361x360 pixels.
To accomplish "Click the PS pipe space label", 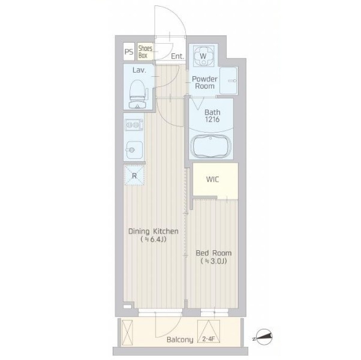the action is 129,52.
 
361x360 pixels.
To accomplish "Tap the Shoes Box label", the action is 145,52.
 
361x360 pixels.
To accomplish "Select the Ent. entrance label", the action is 178,56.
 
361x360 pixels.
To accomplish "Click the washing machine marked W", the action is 203,56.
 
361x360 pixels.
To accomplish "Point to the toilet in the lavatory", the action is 138,94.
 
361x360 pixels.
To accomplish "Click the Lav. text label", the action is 139,70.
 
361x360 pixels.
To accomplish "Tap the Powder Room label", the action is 204,82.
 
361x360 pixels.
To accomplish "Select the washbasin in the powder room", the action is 228,80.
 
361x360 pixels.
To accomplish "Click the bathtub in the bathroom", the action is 210,146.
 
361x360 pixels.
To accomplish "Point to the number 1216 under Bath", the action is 212,119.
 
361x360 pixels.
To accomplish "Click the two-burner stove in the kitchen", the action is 134,125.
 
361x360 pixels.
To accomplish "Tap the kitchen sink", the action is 134,150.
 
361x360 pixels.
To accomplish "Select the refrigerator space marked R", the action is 134,175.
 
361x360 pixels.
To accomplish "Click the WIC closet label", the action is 212,179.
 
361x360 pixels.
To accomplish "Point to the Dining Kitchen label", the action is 154,231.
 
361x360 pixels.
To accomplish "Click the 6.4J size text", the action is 154,239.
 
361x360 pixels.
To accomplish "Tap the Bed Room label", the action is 213,253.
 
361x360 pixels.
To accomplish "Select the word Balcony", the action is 180,340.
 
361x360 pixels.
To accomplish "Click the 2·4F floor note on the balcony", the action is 208,340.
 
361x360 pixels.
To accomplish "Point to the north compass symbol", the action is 264,337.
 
